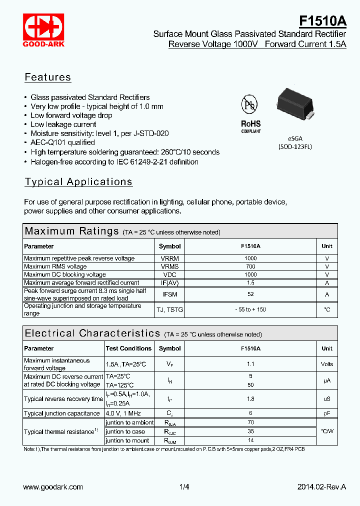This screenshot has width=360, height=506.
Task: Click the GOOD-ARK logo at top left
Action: coord(42,30)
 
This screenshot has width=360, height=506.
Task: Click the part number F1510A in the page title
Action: coord(322,20)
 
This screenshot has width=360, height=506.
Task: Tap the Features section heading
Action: coord(48,77)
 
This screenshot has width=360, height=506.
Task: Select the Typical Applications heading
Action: coord(78,182)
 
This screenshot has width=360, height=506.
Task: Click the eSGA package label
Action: coord(295,138)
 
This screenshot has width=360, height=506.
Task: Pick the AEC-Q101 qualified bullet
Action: coord(62,143)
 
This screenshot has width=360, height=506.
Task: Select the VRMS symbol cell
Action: coord(169,266)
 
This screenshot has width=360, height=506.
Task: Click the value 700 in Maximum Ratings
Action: coord(250,266)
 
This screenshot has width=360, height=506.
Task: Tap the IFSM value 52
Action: coord(250,294)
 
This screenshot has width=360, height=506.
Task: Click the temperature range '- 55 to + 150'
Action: coord(250,309)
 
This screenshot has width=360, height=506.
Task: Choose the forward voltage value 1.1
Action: coord(250,364)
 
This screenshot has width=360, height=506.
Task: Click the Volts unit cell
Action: coord(326,364)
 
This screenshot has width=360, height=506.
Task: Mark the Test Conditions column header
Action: coord(128,348)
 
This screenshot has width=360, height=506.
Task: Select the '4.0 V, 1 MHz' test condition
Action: coord(123,413)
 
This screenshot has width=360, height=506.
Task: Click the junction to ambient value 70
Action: coord(250,422)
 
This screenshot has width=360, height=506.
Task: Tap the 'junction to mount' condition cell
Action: coord(127,440)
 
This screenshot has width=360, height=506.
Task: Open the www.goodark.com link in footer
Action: coord(53,487)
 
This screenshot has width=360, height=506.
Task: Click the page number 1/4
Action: coord(184,487)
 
